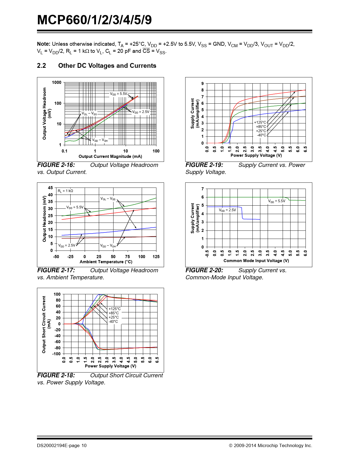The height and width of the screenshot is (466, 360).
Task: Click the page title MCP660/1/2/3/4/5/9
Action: (x=94, y=20)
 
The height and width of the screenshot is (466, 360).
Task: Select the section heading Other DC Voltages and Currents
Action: (x=107, y=66)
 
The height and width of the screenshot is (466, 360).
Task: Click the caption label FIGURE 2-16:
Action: (x=56, y=165)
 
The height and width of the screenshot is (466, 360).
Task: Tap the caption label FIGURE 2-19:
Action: (x=204, y=165)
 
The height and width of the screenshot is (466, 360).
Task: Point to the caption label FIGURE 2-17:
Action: (x=56, y=270)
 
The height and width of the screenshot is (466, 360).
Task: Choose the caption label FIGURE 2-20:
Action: (x=204, y=270)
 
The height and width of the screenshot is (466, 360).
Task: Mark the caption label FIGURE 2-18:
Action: (x=56, y=375)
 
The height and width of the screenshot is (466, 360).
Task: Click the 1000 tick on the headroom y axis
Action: (x=56, y=82)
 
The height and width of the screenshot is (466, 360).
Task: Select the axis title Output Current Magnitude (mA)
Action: (x=110, y=156)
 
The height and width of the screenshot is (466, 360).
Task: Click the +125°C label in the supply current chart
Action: (x=260, y=123)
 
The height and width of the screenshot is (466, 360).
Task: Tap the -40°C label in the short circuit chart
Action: (x=113, y=322)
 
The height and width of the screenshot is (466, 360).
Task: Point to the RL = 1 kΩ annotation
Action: (x=66, y=191)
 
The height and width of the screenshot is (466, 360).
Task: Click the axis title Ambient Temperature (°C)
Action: (x=106, y=262)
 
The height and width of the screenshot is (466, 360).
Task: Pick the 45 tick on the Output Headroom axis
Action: (x=50, y=188)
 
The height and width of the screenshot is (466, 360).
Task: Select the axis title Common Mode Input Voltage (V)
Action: (x=256, y=261)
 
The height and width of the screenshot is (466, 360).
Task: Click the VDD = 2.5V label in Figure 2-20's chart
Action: (x=227, y=210)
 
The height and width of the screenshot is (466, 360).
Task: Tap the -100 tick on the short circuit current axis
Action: (x=56, y=354)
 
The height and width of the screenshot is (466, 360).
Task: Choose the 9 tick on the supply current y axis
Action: (x=202, y=84)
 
